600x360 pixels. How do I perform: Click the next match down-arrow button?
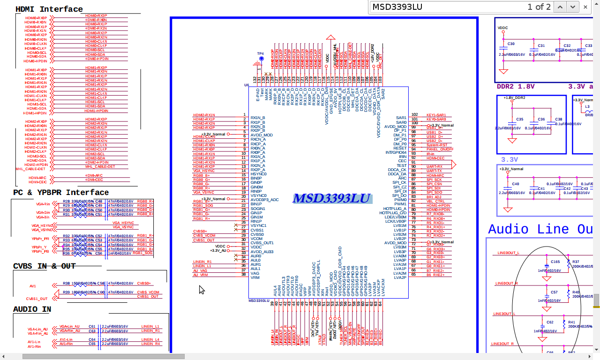point(573,7)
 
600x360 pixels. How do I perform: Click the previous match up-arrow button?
point(560,7)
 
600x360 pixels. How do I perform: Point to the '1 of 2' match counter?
point(539,7)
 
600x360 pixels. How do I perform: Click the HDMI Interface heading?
point(49,9)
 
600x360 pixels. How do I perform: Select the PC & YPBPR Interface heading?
point(61,193)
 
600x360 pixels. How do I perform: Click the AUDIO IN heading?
point(32,309)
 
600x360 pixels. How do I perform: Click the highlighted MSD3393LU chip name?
point(332,198)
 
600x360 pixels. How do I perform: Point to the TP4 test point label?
point(261,53)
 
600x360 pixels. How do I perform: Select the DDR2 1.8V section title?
point(516,87)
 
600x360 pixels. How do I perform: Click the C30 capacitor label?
point(511,44)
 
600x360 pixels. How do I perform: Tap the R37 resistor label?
point(576,262)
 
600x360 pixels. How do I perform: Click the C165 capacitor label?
point(555,262)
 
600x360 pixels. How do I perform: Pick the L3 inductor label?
point(587,106)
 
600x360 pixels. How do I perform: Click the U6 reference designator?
point(247,85)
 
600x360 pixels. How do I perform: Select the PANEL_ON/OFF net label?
point(440,150)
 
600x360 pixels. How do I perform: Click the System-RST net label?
point(436,145)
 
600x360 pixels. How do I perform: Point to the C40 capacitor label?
point(516,184)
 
